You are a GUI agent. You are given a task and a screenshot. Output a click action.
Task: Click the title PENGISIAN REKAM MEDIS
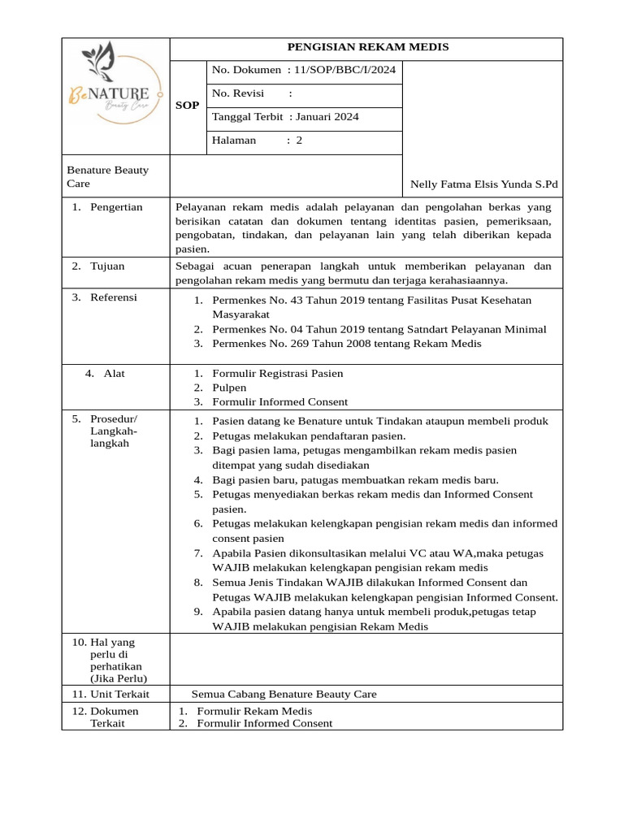(366, 48)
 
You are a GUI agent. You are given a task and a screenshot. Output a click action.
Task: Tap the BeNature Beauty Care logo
(115, 96)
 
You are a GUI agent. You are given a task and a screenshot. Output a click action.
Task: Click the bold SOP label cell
(187, 106)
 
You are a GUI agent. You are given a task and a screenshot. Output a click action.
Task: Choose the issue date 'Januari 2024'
(327, 117)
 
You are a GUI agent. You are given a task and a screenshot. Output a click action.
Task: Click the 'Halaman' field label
(234, 141)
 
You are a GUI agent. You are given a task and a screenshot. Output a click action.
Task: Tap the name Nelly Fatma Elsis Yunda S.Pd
(484, 184)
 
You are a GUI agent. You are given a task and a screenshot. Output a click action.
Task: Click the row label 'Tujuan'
(108, 266)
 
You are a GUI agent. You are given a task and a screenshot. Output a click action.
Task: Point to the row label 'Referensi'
(115, 297)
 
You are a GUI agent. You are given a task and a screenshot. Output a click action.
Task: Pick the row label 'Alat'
(115, 374)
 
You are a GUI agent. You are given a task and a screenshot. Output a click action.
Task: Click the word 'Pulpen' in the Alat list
(229, 388)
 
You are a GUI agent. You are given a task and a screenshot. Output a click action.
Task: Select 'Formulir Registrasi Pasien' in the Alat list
(277, 374)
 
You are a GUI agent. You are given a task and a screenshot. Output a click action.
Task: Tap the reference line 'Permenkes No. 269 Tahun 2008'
(346, 344)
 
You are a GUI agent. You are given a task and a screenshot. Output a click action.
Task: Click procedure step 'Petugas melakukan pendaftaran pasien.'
(297, 435)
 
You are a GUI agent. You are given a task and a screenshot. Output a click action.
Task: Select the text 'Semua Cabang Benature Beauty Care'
(284, 694)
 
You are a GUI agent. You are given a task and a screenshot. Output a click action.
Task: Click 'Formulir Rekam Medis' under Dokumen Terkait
(254, 711)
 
